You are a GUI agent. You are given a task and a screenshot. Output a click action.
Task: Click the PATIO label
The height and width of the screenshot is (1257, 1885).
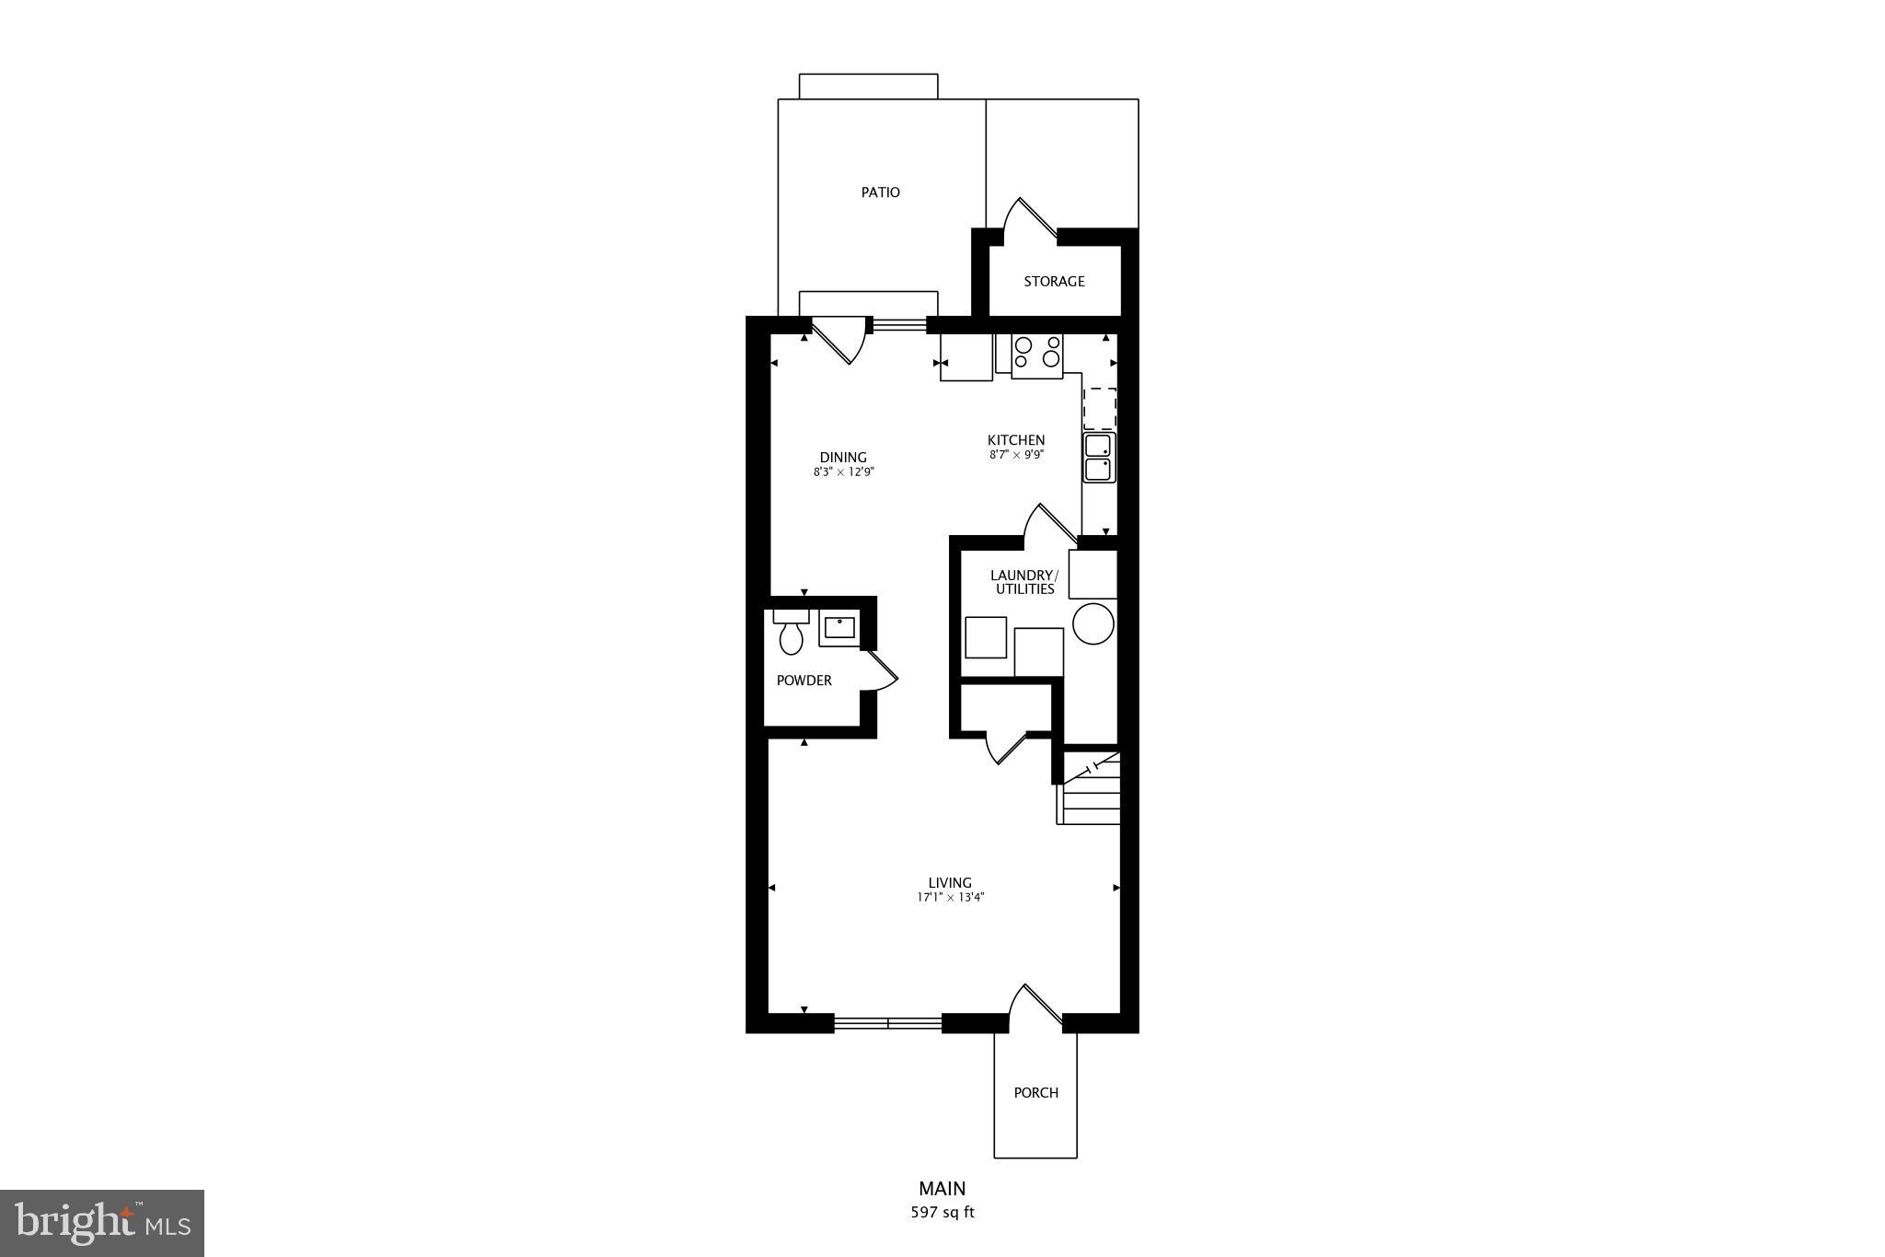tap(880, 192)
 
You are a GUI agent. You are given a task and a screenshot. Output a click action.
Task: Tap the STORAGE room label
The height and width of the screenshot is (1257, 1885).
tap(1054, 282)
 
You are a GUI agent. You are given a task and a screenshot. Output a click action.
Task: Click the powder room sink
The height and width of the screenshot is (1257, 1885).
tap(838, 628)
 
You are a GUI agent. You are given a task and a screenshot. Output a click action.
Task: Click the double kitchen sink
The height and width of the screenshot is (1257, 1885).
tap(1098, 458)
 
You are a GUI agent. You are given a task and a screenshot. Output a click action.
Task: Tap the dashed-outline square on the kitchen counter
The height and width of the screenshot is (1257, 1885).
tap(1099, 408)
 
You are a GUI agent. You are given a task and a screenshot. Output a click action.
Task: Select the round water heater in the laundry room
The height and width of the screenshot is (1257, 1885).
tap(1093, 623)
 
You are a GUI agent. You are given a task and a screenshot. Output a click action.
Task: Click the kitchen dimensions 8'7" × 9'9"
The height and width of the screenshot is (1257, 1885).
tap(1016, 455)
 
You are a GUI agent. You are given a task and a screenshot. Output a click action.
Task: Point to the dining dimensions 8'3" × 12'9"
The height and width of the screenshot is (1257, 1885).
tap(843, 472)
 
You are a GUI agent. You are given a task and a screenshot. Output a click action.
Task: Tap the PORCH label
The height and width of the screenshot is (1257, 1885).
tap(1035, 1093)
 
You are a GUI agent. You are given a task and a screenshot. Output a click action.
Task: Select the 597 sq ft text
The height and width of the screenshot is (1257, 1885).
tap(942, 1213)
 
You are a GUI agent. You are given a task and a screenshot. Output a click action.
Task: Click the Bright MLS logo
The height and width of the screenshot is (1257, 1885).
tap(102, 1223)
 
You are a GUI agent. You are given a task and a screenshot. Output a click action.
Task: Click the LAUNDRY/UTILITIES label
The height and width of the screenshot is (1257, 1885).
tap(1023, 582)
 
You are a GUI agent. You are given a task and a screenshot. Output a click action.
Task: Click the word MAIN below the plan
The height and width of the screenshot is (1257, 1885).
tap(942, 1189)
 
